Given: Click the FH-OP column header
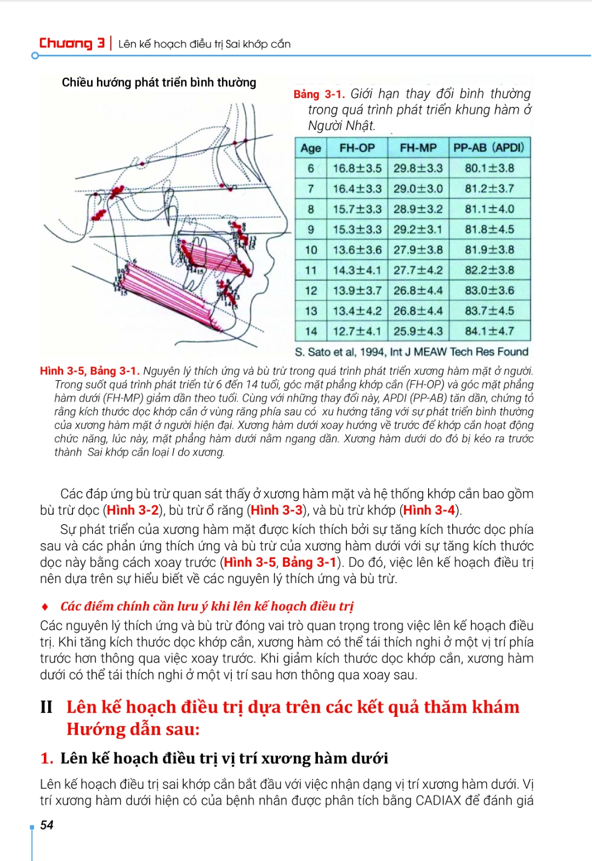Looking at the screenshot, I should click(357, 148).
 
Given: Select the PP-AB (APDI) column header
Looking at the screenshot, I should click(489, 147).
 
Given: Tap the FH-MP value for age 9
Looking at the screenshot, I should click(418, 229).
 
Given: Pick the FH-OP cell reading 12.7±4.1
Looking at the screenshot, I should click(357, 331).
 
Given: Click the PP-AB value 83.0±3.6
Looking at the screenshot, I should click(489, 290).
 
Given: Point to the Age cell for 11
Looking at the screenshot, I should click(311, 270).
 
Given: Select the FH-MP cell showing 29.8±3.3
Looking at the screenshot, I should click(418, 168).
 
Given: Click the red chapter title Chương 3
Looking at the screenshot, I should click(72, 43).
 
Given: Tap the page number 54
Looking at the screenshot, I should click(47, 825).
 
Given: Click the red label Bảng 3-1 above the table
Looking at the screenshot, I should click(318, 94).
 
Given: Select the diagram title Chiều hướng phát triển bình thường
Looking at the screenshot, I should click(159, 83).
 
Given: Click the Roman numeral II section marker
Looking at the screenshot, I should click(47, 707).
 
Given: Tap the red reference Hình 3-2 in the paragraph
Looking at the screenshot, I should click(133, 510).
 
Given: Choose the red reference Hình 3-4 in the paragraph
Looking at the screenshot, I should click(429, 510).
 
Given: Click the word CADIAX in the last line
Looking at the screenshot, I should click(438, 801).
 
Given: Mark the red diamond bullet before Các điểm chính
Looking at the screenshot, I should click(45, 607).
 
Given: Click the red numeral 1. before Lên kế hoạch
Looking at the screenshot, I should click(47, 759).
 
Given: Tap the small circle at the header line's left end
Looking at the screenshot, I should click(35, 56).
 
